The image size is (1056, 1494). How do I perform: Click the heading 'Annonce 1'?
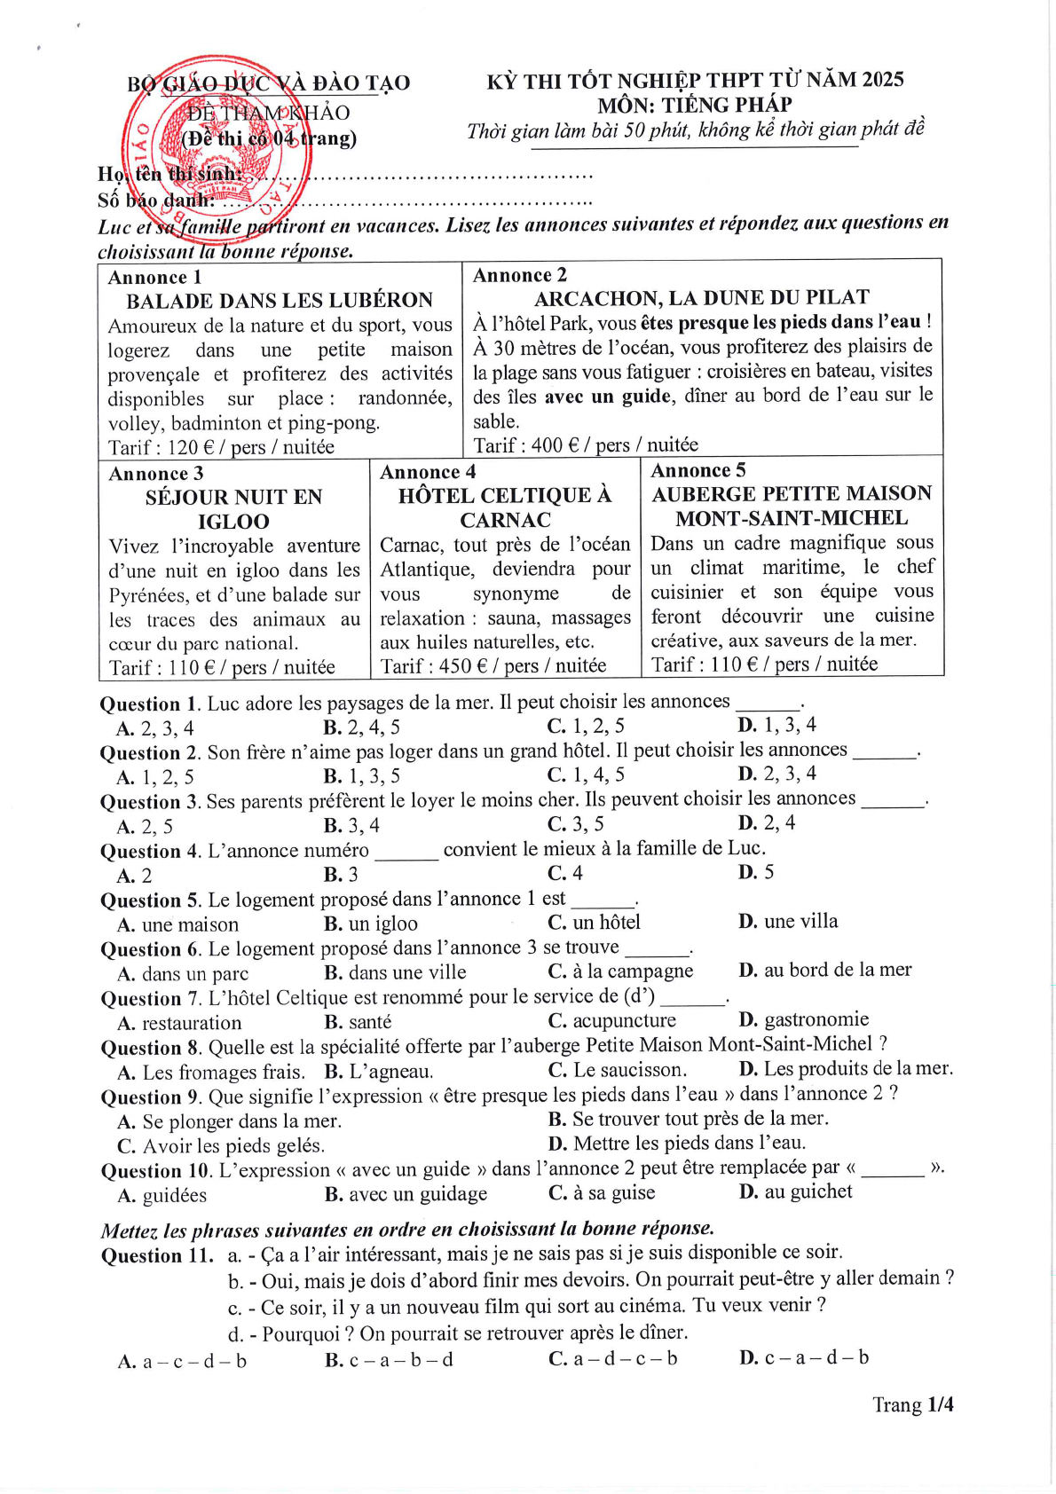pyautogui.click(x=154, y=277)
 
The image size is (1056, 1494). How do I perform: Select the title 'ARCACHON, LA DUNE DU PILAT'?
pyautogui.click(x=701, y=297)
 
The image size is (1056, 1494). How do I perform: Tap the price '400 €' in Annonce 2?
pyautogui.click(x=555, y=444)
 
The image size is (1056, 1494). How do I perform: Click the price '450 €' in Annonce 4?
pyautogui.click(x=461, y=665)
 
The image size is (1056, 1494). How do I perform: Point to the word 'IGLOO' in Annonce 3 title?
pyautogui.click(x=233, y=522)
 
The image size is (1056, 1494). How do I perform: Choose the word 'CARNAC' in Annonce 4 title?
pyautogui.click(x=505, y=520)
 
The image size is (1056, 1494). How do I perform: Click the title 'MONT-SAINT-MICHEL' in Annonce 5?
pyautogui.click(x=792, y=518)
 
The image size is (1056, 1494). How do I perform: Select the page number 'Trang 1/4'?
pyautogui.click(x=912, y=1404)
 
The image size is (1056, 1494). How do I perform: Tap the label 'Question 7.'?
pyautogui.click(x=151, y=998)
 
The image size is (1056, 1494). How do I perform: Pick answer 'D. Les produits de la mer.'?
pyautogui.click(x=846, y=1069)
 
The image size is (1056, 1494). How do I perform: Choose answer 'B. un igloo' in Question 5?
pyautogui.click(x=370, y=924)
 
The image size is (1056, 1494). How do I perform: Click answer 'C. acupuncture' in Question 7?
pyautogui.click(x=611, y=1020)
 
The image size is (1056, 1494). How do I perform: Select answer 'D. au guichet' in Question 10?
pyautogui.click(x=795, y=1191)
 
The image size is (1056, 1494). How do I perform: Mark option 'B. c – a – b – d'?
pyautogui.click(x=389, y=1359)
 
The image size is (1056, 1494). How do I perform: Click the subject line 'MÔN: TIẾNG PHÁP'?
pyautogui.click(x=695, y=105)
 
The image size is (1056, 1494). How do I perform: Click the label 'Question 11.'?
pyautogui.click(x=157, y=1255)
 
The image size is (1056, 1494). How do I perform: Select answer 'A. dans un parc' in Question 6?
pyautogui.click(x=183, y=973)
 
